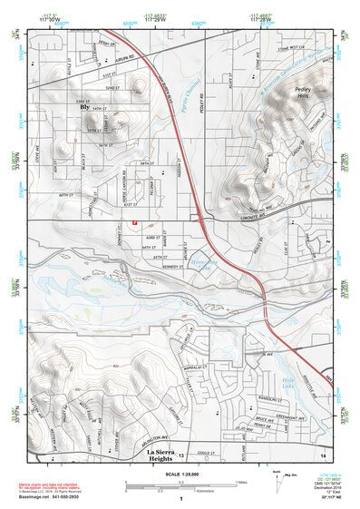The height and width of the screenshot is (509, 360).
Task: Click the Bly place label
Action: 86,107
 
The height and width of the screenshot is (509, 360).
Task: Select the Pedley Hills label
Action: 302,93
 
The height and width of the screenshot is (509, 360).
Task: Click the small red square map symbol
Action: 134,221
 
